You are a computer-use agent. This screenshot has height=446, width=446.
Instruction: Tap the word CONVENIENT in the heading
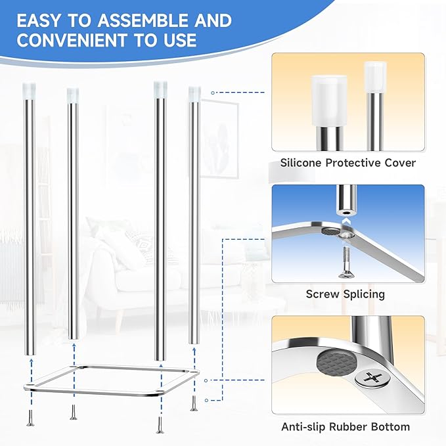[x=69, y=41]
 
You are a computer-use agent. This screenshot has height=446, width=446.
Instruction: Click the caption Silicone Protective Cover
[x=348, y=162]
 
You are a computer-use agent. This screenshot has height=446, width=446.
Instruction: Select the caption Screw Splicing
[x=346, y=294]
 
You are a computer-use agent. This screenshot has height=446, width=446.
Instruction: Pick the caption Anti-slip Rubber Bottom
[x=346, y=427]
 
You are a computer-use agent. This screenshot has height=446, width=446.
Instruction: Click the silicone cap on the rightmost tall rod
[x=194, y=93]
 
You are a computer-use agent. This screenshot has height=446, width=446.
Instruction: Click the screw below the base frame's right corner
[x=194, y=402]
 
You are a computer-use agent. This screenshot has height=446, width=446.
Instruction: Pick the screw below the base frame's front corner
[x=158, y=425]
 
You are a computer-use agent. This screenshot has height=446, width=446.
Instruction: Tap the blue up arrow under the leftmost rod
[x=30, y=363]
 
